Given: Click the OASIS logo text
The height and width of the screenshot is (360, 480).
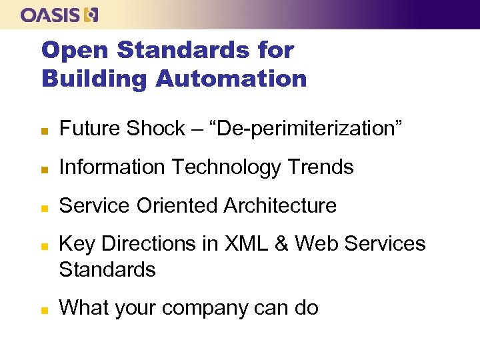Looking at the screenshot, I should (51, 15).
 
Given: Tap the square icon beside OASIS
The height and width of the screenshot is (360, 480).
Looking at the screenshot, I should (91, 15).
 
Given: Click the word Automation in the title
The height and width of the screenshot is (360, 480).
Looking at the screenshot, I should (231, 79).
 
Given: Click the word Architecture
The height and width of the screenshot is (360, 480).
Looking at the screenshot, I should (280, 205).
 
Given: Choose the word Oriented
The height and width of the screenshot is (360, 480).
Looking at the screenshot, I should (177, 205).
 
